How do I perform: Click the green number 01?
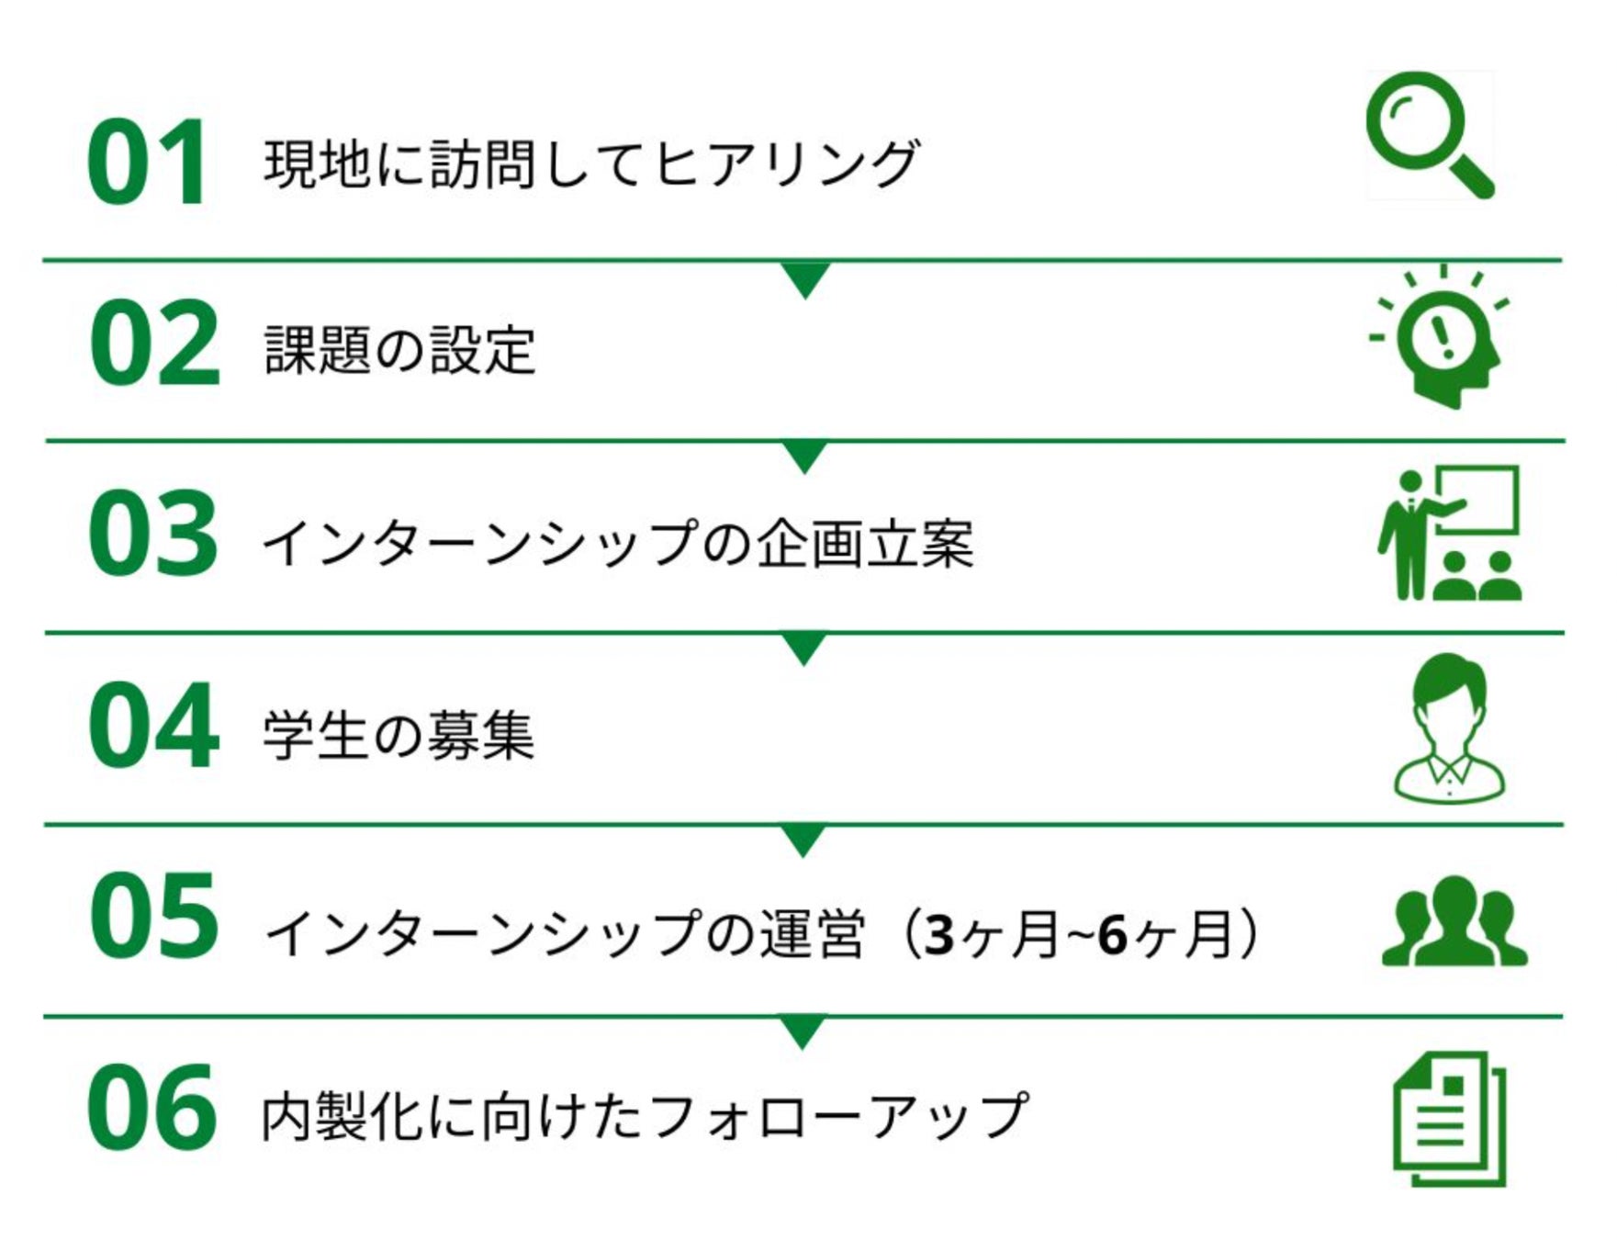coord(147,163)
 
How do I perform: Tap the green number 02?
coord(154,344)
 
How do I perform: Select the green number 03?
coord(153,535)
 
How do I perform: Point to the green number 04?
coord(153,726)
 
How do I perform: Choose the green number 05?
coord(153,917)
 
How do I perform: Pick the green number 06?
coord(152,1108)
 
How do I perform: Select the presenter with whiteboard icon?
coord(1449,533)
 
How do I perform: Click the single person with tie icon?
coord(1449,727)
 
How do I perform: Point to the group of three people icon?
coord(1454,921)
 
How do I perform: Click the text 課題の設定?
coord(399,350)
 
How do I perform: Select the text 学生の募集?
coord(398,736)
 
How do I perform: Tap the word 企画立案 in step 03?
coord(864,544)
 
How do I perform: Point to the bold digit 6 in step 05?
coord(1112,936)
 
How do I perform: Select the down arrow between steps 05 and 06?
coord(803,1031)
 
